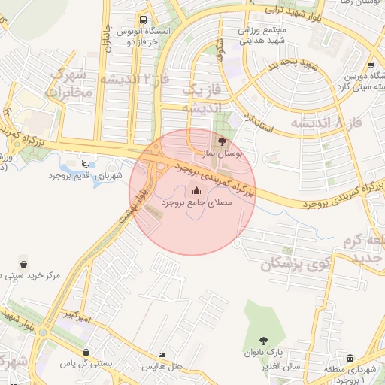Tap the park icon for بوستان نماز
[221, 141]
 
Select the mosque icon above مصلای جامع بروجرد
[197, 190]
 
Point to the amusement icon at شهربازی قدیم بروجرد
[84, 164]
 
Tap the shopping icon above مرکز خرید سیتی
[24, 265]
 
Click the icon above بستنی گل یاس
[87, 351]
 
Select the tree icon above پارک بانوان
[263, 341]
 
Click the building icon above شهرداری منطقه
[351, 358]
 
